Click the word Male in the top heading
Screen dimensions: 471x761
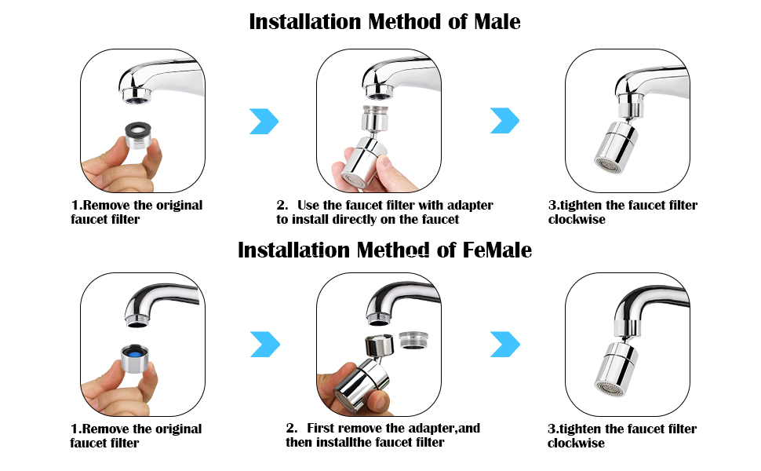coord(497,22)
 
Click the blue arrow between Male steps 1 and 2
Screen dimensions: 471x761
coord(264,121)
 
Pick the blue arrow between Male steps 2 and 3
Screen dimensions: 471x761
coord(504,121)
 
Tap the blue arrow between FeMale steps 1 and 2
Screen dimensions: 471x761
coord(264,343)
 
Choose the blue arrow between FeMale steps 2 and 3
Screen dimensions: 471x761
coord(504,343)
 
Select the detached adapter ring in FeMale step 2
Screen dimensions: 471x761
coord(413,338)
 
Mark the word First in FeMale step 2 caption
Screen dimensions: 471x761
coord(323,429)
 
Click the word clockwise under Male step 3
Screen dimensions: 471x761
coord(576,220)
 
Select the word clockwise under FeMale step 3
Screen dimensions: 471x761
coord(576,444)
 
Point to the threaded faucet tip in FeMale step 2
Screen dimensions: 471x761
coord(376,319)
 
